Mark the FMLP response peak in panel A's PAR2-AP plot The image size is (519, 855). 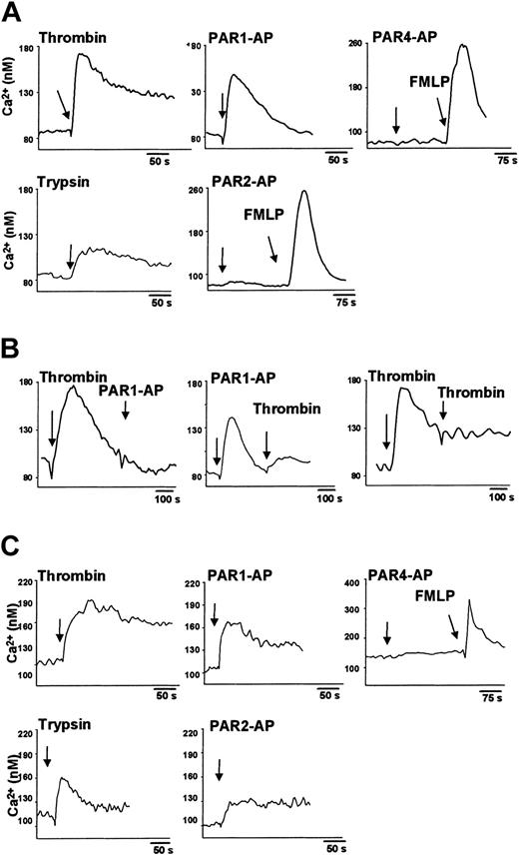[x=302, y=191]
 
